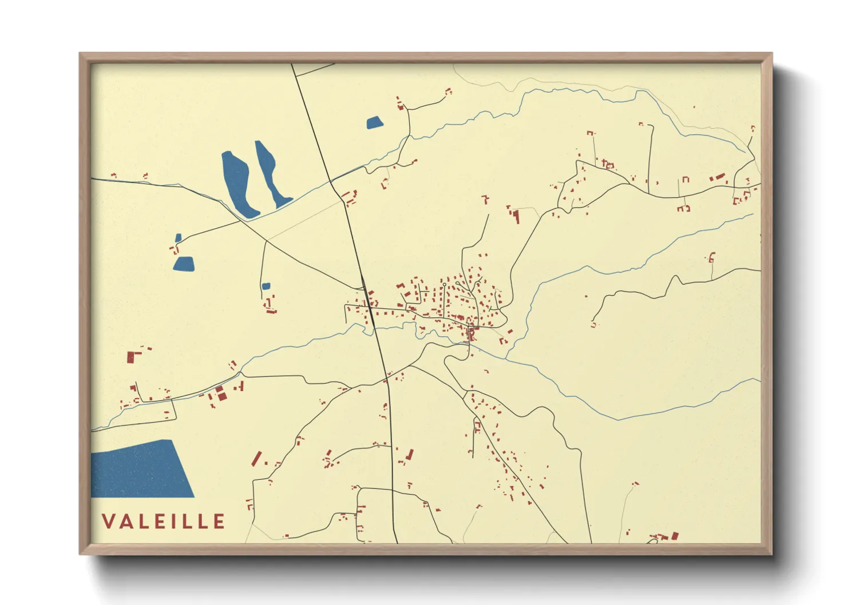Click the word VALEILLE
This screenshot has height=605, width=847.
coord(164,522)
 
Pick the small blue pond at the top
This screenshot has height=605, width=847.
coord(374,122)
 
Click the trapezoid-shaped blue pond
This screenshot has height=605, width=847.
coord(184,264)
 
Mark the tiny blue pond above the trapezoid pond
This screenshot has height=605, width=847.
coord(179,238)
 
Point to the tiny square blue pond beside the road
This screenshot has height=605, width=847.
coord(266,286)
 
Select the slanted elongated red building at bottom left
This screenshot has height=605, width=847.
coord(257,458)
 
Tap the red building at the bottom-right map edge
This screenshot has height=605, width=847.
coord(675,536)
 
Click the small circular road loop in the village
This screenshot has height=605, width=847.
coord(444,284)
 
